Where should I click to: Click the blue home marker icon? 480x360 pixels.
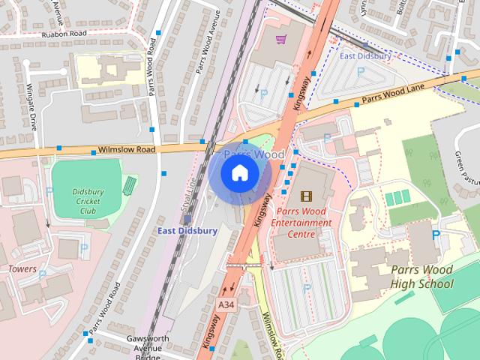[x=239, y=173]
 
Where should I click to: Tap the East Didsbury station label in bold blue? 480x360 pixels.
[x=187, y=231]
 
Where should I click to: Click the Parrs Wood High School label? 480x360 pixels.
[x=421, y=276]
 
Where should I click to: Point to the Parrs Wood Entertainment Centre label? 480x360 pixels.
[x=301, y=223]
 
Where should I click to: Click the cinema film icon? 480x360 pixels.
[x=305, y=196]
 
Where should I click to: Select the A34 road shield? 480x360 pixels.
[x=227, y=304]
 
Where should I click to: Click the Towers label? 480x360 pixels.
[x=22, y=268]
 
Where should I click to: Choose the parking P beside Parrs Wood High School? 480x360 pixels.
[x=436, y=235]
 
